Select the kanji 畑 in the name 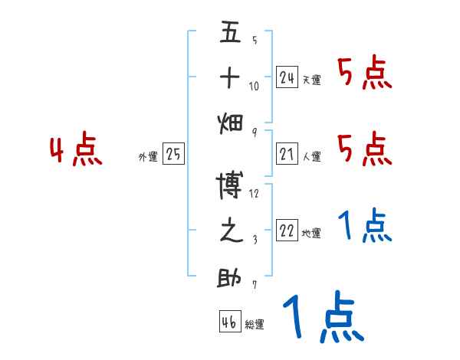[x=230, y=123]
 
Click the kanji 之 [x=230, y=231]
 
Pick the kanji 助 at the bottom [x=230, y=277]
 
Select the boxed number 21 [x=287, y=155]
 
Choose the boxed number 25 [x=173, y=155]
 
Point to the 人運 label [x=311, y=157]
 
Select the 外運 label [x=147, y=157]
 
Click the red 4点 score [x=77, y=150]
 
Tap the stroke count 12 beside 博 [x=255, y=193]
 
